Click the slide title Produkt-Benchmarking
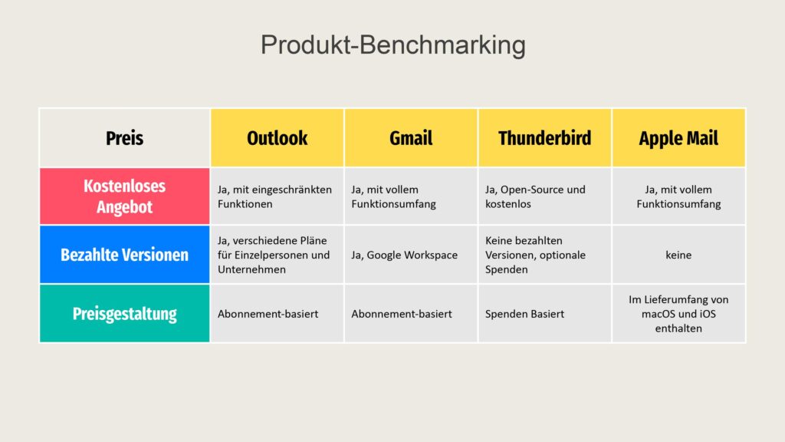[393, 45]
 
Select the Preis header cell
[125, 138]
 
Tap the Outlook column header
[278, 138]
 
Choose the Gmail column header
[411, 138]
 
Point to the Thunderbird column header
[545, 138]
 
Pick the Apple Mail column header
[678, 138]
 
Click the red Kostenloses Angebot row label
[125, 196]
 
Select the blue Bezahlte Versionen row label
[125, 255]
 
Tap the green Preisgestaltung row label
[125, 314]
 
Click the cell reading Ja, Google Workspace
[411, 255]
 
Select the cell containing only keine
[678, 255]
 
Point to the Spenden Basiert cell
[545, 314]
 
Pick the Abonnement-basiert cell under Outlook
[278, 314]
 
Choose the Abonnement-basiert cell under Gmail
[411, 314]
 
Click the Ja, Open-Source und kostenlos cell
[545, 196]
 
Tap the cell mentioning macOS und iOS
[678, 314]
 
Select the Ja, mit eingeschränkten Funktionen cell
[278, 196]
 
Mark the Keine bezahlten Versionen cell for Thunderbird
[545, 255]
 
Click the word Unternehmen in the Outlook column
[251, 269]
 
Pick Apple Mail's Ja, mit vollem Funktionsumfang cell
[678, 196]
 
